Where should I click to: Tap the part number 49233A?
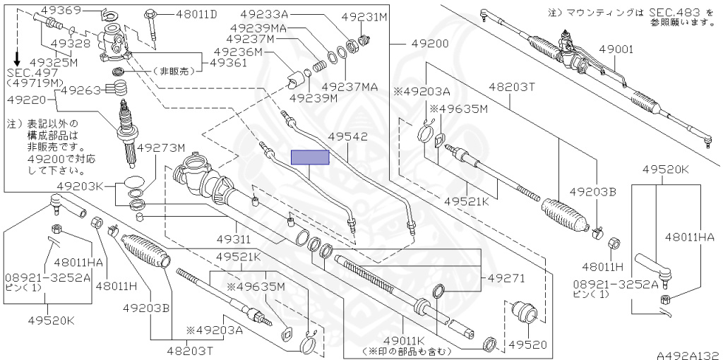click(267, 14)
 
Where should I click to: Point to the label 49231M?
click(364, 16)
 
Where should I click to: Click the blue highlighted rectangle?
click(310, 157)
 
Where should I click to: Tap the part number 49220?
click(26, 100)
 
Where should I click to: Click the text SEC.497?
click(31, 72)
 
